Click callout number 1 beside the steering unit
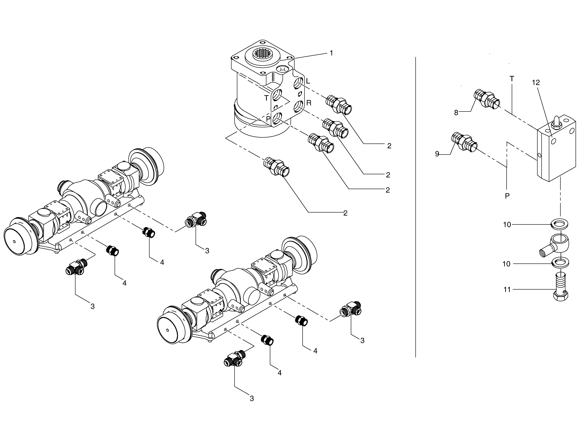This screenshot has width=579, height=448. pyautogui.click(x=331, y=53)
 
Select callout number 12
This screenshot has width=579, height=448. pyautogui.click(x=536, y=83)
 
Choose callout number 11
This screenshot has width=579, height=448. pyautogui.click(x=507, y=290)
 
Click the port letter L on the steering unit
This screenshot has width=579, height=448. pyautogui.click(x=308, y=81)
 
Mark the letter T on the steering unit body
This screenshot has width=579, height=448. pyautogui.click(x=266, y=98)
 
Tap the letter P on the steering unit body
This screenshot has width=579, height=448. pyautogui.click(x=268, y=119)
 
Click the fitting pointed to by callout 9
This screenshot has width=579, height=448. pyautogui.click(x=464, y=142)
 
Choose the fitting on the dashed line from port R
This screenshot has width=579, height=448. pyautogui.click(x=335, y=128)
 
